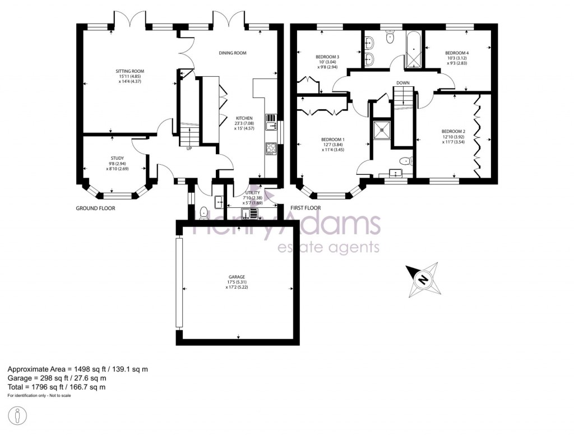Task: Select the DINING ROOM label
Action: pos(233,53)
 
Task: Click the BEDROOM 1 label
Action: pos(332,140)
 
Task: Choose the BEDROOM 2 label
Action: pos(453,131)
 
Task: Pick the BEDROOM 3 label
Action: pos(327,57)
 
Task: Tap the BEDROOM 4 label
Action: pos(457,53)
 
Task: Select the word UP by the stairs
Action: pos(189,149)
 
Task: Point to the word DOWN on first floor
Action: pos(402,83)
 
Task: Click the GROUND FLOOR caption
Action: pos(95,208)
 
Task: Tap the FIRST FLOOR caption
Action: pos(305,208)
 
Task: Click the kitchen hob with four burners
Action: pos(270,149)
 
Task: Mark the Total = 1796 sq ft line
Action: pos(56,387)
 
